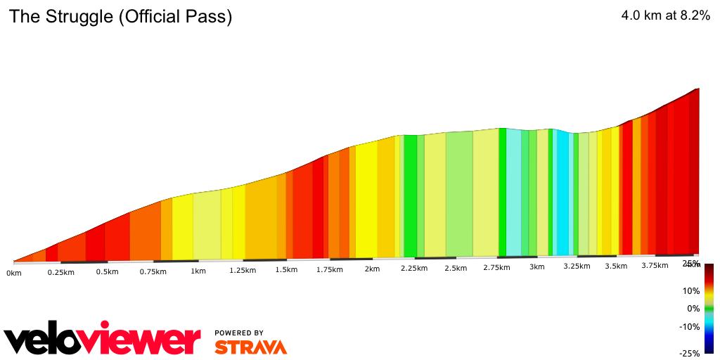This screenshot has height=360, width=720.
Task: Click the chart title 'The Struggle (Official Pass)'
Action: tap(120, 17)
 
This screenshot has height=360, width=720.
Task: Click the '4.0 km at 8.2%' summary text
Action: tap(665, 16)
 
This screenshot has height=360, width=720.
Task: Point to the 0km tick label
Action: tap(14, 272)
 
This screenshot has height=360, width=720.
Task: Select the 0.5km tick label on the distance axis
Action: tap(107, 271)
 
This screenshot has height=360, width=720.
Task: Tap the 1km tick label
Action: tap(198, 271)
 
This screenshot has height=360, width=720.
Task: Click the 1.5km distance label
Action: tap(286, 270)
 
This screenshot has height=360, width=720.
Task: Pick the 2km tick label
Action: tap(372, 269)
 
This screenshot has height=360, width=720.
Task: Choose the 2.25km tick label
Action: tap(414, 269)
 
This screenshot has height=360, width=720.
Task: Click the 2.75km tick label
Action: tap(497, 268)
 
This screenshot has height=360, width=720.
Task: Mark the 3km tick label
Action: tap(537, 267)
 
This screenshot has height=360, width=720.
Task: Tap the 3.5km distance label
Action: tap(616, 266)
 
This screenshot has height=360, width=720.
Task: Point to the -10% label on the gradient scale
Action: tap(690, 326)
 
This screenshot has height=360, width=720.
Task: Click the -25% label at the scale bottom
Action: tap(690, 353)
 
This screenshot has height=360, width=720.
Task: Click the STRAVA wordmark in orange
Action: tap(250, 347)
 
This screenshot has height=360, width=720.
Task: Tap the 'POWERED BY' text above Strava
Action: tap(239, 333)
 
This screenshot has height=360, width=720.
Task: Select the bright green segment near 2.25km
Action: tap(410, 197)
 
